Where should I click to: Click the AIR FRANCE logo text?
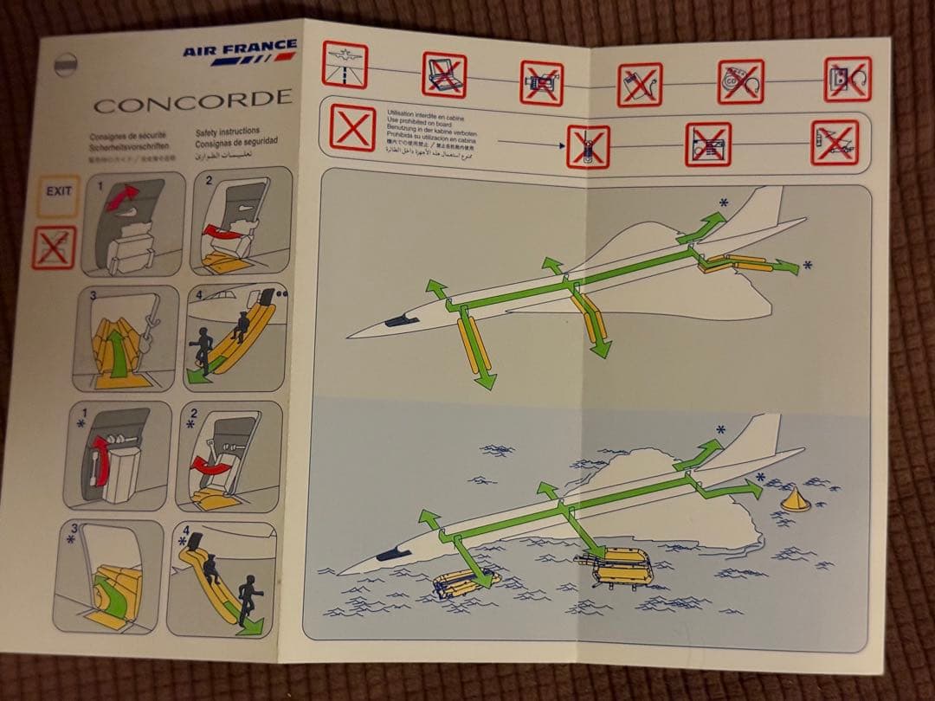pyautogui.click(x=239, y=48)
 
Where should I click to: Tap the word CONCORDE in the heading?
pyautogui.click(x=192, y=102)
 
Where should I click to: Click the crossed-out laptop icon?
pyautogui.click(x=444, y=75)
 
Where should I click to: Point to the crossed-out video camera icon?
pyautogui.click(x=542, y=83)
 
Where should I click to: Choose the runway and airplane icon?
pyautogui.click(x=345, y=65)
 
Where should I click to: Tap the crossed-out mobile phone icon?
pyautogui.click(x=588, y=146)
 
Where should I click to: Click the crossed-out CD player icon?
pyautogui.click(x=741, y=81)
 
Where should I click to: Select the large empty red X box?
pyautogui.click(x=353, y=128)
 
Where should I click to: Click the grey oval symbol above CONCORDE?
pyautogui.click(x=66, y=65)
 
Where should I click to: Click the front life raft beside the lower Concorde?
pyautogui.click(x=467, y=584)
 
